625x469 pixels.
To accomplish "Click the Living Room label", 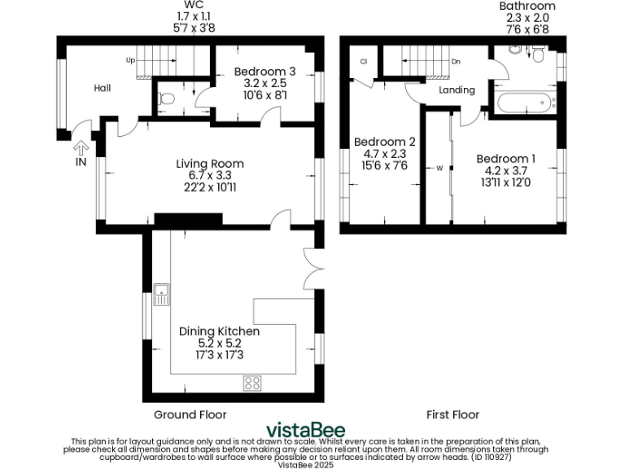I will [x=210, y=164].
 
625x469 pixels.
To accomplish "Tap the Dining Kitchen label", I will [x=219, y=331].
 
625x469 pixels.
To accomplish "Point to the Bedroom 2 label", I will [x=384, y=142].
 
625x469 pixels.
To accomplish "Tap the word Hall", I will [x=103, y=88].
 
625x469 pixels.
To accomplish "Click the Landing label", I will [x=457, y=90].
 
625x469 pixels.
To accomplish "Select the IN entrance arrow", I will [x=81, y=149].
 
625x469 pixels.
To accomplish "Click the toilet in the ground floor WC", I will [x=166, y=99].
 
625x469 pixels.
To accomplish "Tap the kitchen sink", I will [x=161, y=294].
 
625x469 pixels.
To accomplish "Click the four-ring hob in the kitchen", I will [x=252, y=382].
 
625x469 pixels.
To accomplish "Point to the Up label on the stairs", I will [x=130, y=61].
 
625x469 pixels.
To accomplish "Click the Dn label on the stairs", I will [x=456, y=61].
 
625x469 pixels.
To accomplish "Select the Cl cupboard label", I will [x=364, y=61].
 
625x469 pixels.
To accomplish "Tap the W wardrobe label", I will [x=439, y=169].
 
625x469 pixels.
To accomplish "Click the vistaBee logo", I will [x=306, y=430].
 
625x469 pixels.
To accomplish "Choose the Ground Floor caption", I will [x=185, y=414].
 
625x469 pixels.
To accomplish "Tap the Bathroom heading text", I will [x=527, y=7].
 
